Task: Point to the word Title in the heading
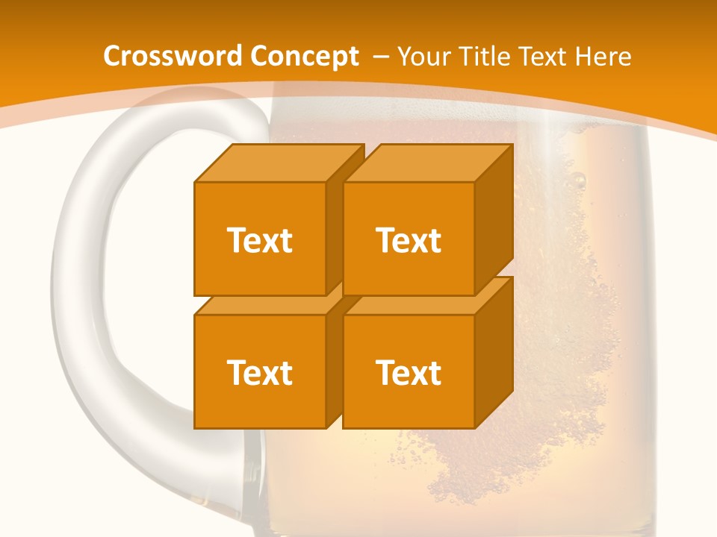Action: point(484,56)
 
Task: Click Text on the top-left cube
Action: point(259,240)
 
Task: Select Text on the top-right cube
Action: point(409,240)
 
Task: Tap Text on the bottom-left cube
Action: point(259,372)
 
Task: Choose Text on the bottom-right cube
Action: point(409,372)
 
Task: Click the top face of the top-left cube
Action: point(280,163)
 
